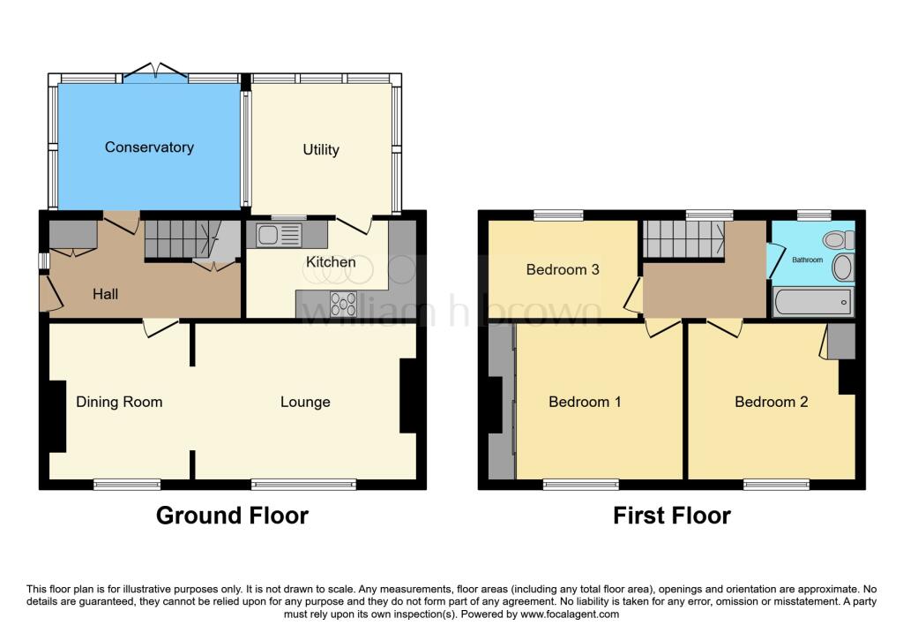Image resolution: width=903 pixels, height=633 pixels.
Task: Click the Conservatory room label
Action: point(149,147)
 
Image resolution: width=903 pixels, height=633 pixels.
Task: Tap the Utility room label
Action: point(321,150)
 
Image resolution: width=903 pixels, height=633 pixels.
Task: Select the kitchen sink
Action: point(279,235)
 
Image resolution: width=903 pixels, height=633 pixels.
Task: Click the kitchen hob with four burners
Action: point(344,304)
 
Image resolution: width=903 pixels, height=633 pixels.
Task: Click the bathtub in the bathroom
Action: point(813,303)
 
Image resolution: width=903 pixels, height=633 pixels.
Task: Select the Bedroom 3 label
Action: point(563,269)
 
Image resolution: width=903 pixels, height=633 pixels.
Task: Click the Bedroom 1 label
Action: point(585,402)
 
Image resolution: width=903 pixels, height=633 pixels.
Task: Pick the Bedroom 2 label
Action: point(772,402)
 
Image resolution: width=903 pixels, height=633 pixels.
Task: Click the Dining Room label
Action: point(119,402)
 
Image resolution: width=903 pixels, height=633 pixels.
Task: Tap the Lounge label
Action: point(305,402)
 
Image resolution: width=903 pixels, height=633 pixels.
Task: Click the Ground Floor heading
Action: point(232,516)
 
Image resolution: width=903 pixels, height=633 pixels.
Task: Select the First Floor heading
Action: point(672,516)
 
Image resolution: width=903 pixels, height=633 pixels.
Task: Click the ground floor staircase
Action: point(180,239)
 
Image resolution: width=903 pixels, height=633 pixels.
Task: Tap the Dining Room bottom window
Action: point(128,484)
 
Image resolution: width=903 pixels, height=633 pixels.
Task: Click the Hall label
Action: point(106,294)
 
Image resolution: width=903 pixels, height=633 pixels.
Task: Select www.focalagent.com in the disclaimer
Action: point(570,614)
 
